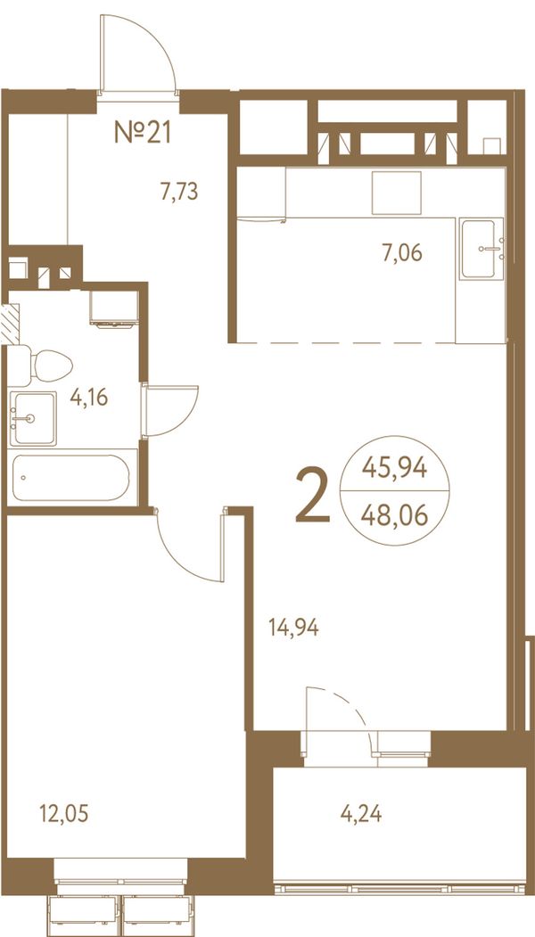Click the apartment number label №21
tap(143, 132)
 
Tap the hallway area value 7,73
tap(178, 192)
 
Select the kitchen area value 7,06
tap(402, 253)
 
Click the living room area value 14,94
tap(293, 628)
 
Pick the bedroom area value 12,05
tap(64, 813)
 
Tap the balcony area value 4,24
tap(361, 813)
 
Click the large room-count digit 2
tap(313, 496)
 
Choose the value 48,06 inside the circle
tap(394, 514)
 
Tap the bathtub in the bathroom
tap(71, 478)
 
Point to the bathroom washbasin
tap(33, 418)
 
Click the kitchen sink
tap(481, 249)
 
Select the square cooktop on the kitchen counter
tap(396, 193)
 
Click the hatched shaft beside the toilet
tap(10, 324)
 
